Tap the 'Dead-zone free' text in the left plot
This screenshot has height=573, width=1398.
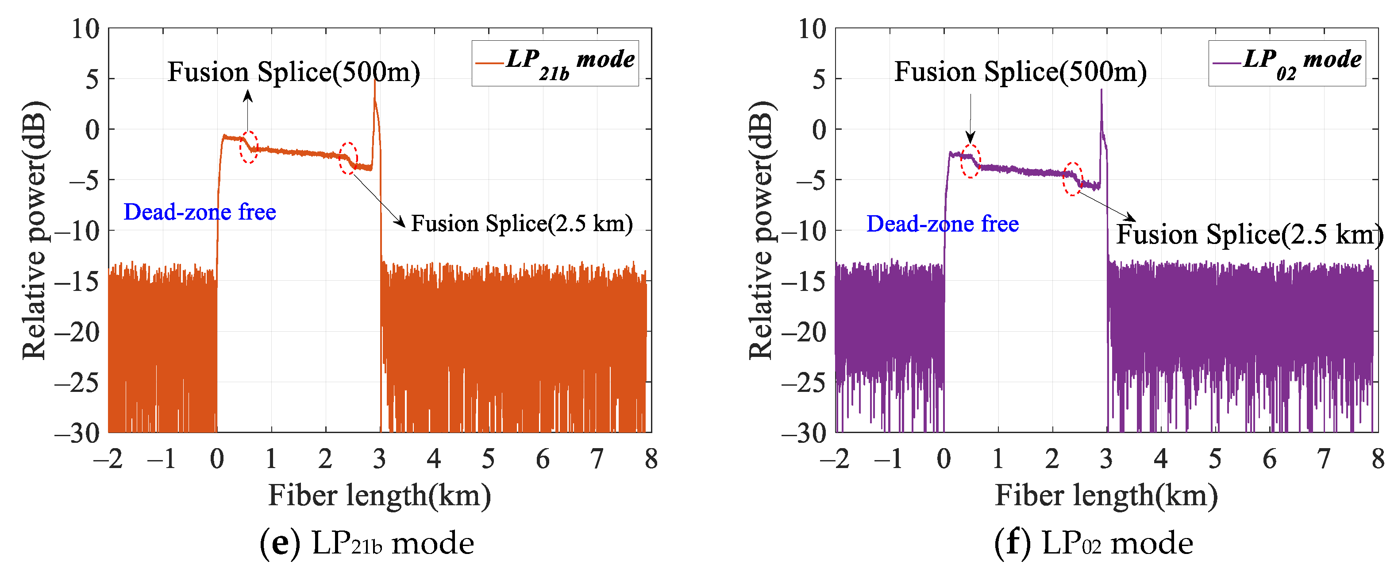point(200,212)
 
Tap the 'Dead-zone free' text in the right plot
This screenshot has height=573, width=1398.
point(943,224)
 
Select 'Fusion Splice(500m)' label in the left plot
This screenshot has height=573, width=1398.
point(293,72)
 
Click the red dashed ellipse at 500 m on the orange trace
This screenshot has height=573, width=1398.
point(249,147)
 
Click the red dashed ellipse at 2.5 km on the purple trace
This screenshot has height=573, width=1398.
point(1072,179)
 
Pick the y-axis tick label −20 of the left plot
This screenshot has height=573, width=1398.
point(77,332)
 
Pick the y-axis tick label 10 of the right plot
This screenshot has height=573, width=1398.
point(812,29)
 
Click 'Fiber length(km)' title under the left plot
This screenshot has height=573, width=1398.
point(379,496)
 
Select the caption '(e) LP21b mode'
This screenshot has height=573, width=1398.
point(367,543)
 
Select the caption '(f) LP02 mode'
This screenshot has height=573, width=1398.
point(1094,543)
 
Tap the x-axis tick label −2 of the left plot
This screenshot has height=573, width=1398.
point(108,460)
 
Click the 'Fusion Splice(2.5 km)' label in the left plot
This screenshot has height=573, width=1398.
point(521,224)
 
